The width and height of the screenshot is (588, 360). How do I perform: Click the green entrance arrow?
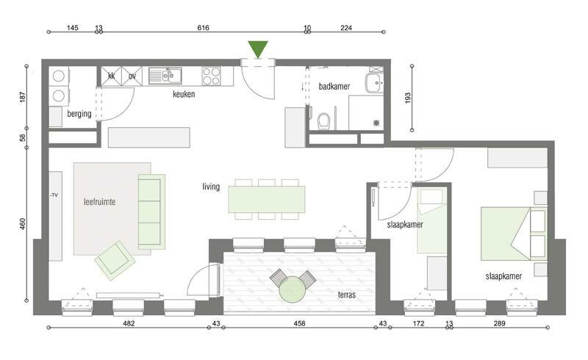pos(258,48)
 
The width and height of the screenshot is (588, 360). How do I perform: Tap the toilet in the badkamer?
pos(323,120)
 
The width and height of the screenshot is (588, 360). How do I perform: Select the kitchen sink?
pos(165,76)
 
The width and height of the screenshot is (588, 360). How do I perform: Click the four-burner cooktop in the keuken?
pos(211,76)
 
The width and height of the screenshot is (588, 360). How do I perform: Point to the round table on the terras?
pos(292,289)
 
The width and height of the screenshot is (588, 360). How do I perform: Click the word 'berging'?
pos(79,114)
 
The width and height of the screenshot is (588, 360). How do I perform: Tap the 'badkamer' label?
pos(334,86)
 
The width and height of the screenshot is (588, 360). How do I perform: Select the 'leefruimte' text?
pos(99,202)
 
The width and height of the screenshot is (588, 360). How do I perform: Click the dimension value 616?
pos(204,28)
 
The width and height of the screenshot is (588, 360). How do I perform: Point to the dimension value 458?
pos(299,323)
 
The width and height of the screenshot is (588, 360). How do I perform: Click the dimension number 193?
pos(408,98)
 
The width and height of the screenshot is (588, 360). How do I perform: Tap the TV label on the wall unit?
pos(54,195)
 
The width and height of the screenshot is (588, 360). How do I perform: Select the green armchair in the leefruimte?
pos(115,261)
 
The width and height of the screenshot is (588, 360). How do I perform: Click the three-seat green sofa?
pos(151,212)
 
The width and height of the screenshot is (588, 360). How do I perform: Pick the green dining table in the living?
pos(267,199)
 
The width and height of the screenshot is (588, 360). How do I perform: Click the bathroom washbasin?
pos(374,83)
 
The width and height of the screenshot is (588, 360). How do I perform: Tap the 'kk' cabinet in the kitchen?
pos(112,76)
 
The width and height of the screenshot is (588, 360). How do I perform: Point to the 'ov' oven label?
pos(132,76)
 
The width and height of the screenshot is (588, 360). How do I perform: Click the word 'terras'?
pos(346,295)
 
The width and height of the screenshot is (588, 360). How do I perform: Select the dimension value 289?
pos(500,323)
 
